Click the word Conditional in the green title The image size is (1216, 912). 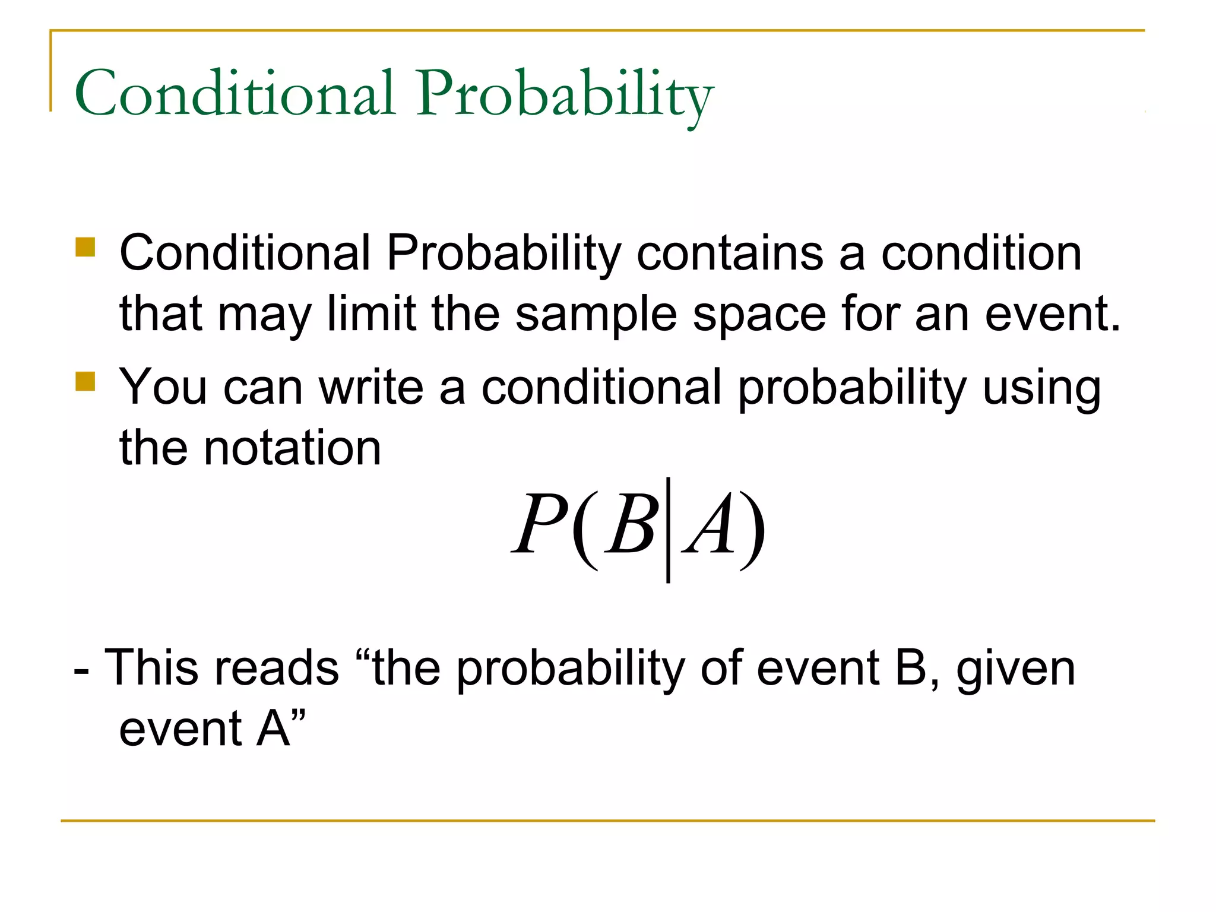click(x=235, y=94)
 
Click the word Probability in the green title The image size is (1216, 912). click(x=564, y=95)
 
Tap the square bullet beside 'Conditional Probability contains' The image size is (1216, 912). click(x=85, y=247)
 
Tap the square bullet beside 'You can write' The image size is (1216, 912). click(x=85, y=381)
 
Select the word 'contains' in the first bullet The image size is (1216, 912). click(x=730, y=253)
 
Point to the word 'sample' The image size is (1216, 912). click(x=596, y=315)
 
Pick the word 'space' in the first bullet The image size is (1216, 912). click(x=759, y=316)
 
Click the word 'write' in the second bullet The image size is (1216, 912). click(x=371, y=387)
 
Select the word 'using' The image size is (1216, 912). click(x=1041, y=388)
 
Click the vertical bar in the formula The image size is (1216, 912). click(x=668, y=530)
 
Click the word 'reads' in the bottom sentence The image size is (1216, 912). click(x=276, y=667)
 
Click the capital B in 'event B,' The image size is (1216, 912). click(x=910, y=667)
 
